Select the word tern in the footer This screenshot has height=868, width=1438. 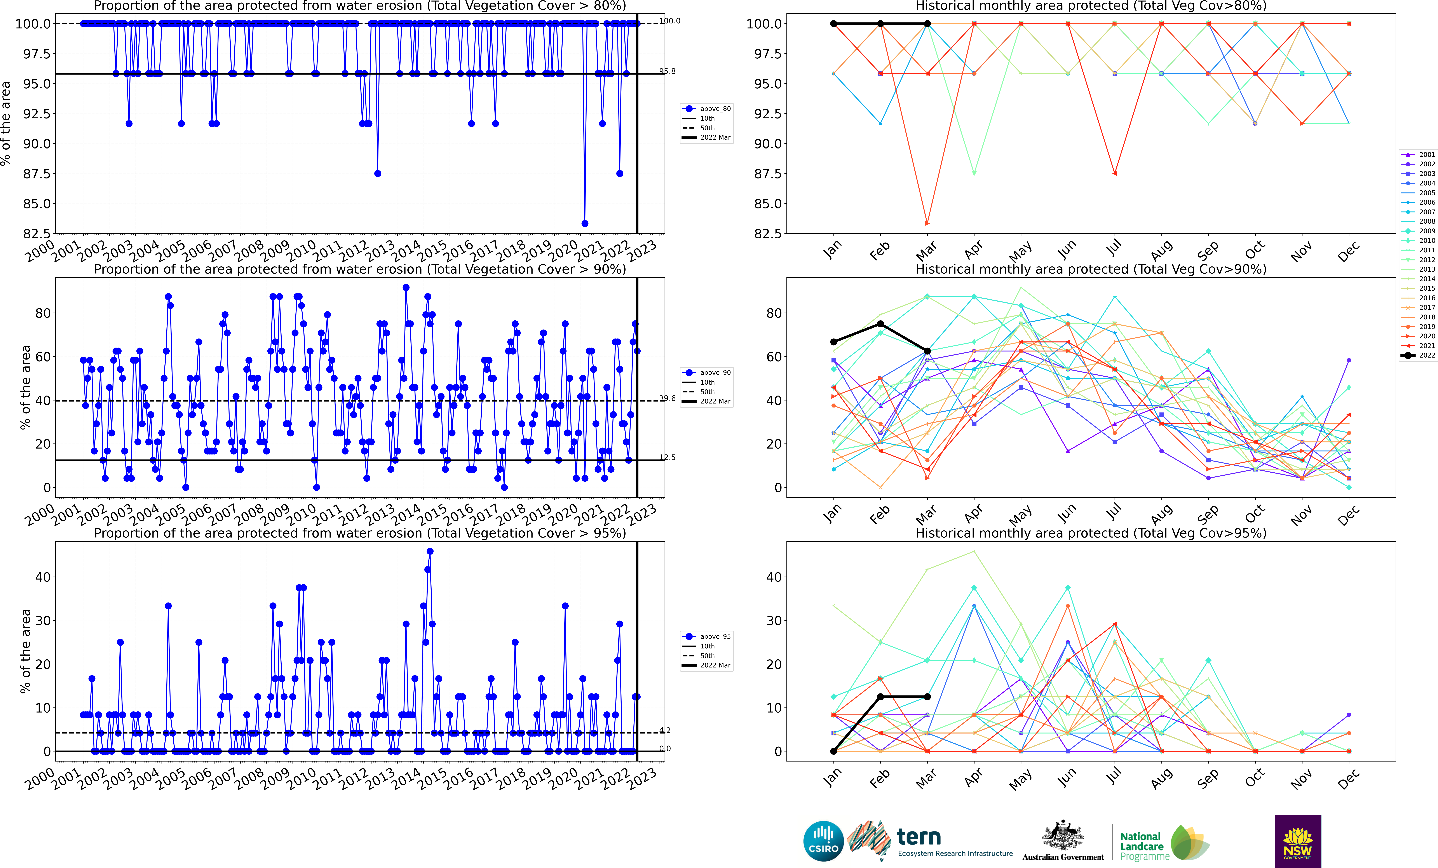coord(919,837)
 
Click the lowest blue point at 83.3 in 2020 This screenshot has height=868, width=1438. coord(585,224)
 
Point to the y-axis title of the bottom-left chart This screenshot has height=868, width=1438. coord(25,651)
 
